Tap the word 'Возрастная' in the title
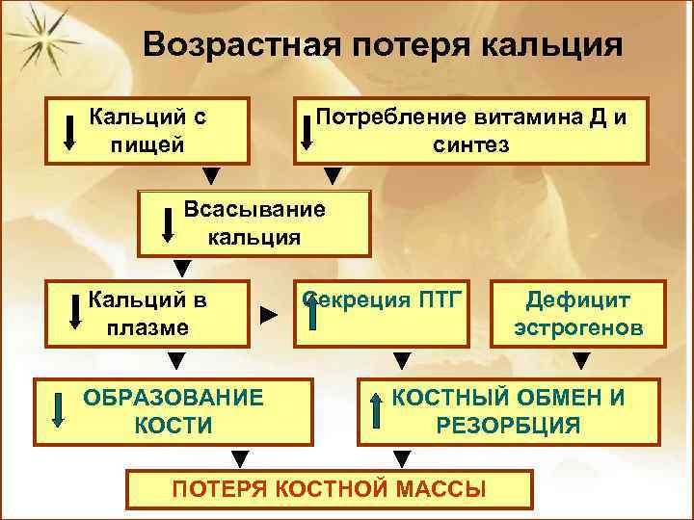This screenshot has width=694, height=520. [233, 45]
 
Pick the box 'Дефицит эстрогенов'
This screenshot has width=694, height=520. [578, 313]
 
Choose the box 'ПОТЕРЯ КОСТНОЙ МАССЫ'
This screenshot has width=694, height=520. [328, 489]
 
